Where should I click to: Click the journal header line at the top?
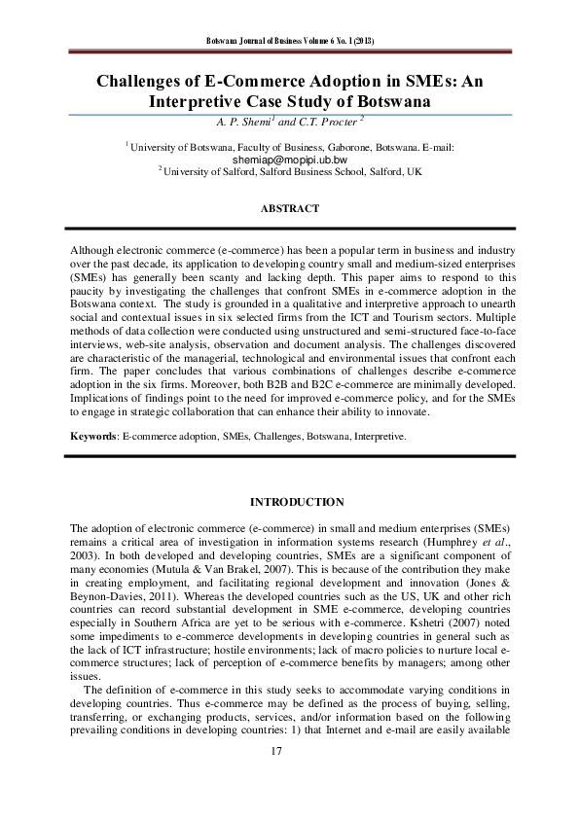tap(291, 41)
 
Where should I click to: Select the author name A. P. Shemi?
tap(247, 121)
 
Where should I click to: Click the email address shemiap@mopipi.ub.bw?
tap(290, 158)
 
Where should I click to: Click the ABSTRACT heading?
tap(290, 209)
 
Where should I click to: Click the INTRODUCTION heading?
tap(297, 502)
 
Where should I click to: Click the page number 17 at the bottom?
tap(289, 751)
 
